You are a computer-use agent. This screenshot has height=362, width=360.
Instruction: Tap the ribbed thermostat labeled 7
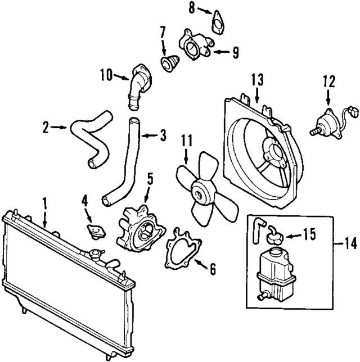[169, 63]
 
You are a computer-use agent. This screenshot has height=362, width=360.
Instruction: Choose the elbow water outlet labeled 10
[138, 84]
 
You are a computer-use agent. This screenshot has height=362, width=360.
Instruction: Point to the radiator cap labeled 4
[93, 230]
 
